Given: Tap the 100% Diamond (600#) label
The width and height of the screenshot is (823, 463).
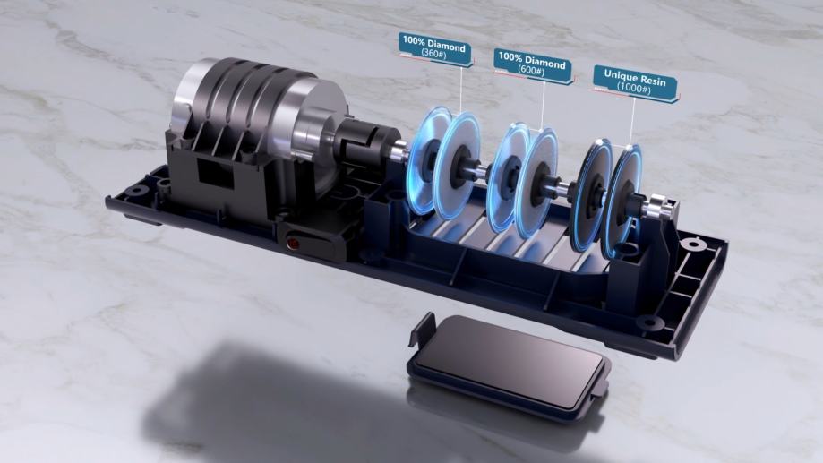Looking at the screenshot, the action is (532, 65).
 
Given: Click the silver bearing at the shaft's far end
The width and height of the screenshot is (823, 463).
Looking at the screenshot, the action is (657, 207).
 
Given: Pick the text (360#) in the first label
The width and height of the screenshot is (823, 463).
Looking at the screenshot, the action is (434, 54).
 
